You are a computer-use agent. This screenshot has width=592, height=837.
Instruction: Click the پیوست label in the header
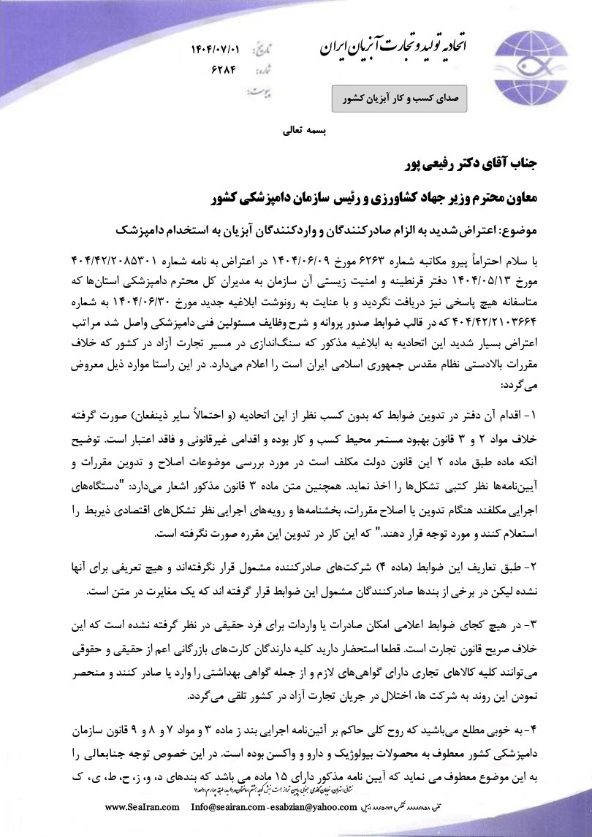pos(258,93)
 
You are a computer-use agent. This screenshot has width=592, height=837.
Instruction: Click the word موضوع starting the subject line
pos(517,229)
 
